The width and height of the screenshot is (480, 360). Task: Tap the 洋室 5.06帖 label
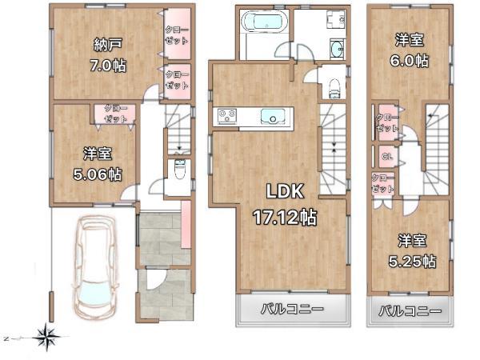click(x=100, y=164)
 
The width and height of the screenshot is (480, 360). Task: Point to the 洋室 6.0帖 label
click(x=410, y=50)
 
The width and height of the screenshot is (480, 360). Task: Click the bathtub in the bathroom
click(x=263, y=22)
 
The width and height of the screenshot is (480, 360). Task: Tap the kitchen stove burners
click(x=226, y=117)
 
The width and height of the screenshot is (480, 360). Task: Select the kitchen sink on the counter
click(x=272, y=118)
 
